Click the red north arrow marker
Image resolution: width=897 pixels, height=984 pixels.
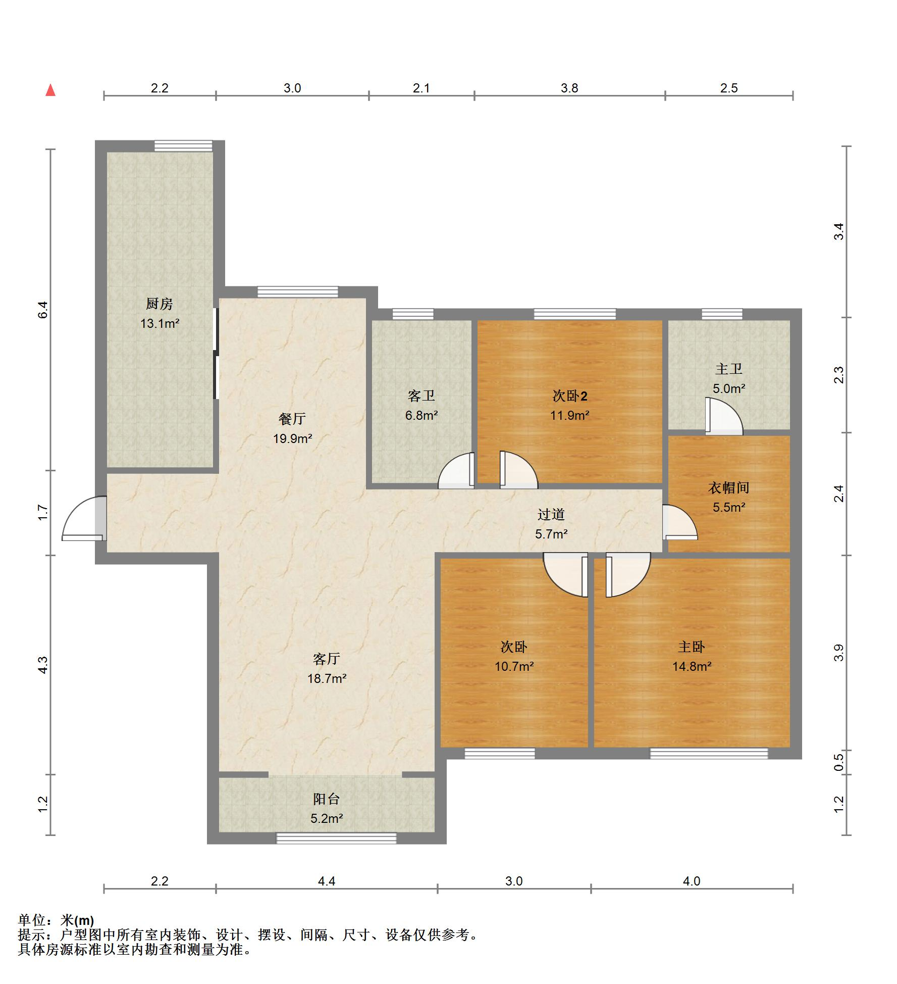click(x=50, y=90)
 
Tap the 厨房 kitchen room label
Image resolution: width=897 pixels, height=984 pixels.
click(x=160, y=304)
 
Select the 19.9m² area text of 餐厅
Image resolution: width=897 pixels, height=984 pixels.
click(x=293, y=438)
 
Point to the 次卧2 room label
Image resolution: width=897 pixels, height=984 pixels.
click(x=570, y=396)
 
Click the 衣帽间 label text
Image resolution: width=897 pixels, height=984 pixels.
click(x=728, y=487)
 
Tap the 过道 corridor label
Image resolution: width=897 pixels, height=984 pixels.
click(x=551, y=514)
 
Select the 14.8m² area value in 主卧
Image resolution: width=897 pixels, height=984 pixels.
click(x=692, y=666)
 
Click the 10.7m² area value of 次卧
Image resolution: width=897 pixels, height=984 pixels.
click(x=514, y=666)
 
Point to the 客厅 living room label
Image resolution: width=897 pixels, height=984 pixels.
click(x=327, y=659)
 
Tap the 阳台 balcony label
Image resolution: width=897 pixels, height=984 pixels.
click(x=327, y=799)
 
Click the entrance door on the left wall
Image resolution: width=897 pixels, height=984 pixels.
click(x=84, y=518)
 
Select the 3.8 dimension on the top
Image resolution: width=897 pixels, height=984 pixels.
click(x=569, y=88)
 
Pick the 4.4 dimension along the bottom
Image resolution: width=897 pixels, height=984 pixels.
click(x=327, y=881)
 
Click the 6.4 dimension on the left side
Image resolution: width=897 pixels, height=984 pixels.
click(x=43, y=309)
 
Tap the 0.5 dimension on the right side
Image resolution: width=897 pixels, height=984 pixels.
click(x=838, y=762)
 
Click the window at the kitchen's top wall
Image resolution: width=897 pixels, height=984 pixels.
click(x=183, y=145)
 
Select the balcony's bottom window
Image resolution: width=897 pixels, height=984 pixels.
click(x=336, y=838)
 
